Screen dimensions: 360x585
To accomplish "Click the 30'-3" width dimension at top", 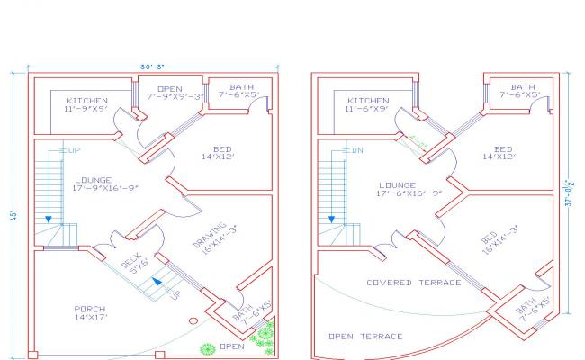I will [150, 66].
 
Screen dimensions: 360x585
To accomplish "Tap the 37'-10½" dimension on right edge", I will [570, 193].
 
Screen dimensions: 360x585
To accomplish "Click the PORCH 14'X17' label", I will [89, 313].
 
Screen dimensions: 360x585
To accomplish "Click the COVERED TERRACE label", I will [413, 283].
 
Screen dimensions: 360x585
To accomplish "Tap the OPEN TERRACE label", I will [365, 336].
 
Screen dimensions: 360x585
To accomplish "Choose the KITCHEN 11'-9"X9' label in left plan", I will [86, 104].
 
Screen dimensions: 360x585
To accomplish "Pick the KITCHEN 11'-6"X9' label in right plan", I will [368, 104].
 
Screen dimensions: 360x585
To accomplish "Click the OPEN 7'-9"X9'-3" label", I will [170, 93].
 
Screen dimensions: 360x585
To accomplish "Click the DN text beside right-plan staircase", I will [357, 150].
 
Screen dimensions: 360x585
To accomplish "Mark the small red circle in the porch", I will [193, 321].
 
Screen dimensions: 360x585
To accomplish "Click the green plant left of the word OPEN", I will [208, 347].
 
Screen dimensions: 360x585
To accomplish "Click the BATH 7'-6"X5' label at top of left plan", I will [238, 89].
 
